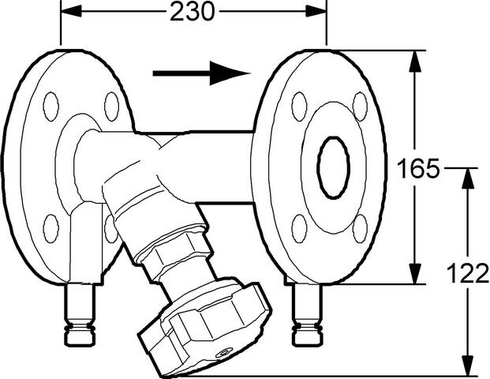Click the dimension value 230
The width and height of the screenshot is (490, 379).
(193, 12)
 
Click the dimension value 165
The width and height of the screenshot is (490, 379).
(418, 168)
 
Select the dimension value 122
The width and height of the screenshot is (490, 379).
(467, 273)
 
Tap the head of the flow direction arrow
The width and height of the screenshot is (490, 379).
(230, 73)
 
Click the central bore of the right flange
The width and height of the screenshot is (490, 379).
(334, 167)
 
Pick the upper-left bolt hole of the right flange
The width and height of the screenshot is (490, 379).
(299, 107)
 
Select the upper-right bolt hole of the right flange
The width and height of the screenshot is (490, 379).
(360, 107)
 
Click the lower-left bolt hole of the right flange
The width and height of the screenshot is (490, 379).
(299, 229)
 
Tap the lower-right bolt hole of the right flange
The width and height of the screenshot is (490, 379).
(360, 229)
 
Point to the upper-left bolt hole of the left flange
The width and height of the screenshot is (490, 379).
(50, 107)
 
